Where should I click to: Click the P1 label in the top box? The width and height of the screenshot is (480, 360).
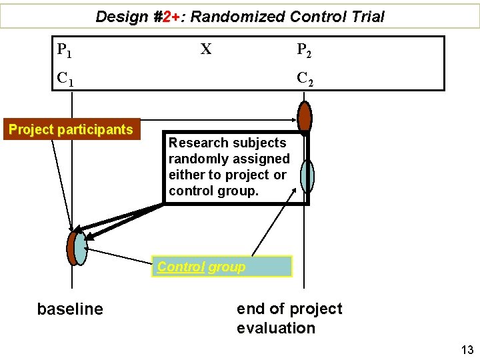tap(65, 50)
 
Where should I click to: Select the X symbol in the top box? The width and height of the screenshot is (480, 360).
tap(206, 49)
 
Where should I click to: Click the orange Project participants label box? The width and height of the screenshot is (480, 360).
tap(71, 129)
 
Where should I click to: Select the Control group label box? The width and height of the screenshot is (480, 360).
tap(221, 267)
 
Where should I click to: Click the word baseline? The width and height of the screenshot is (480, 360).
tap(70, 309)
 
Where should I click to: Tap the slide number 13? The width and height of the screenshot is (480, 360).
tap(466, 350)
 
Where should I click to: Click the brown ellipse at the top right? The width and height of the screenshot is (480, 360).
tap(305, 117)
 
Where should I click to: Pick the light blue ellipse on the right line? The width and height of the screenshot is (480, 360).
tap(307, 176)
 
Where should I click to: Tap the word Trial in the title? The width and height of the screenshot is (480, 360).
tap(367, 17)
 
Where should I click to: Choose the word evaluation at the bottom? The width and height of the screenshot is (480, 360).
tap(275, 328)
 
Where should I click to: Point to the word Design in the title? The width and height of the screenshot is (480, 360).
tap(121, 17)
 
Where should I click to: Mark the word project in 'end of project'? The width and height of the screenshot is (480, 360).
tap(317, 309)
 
